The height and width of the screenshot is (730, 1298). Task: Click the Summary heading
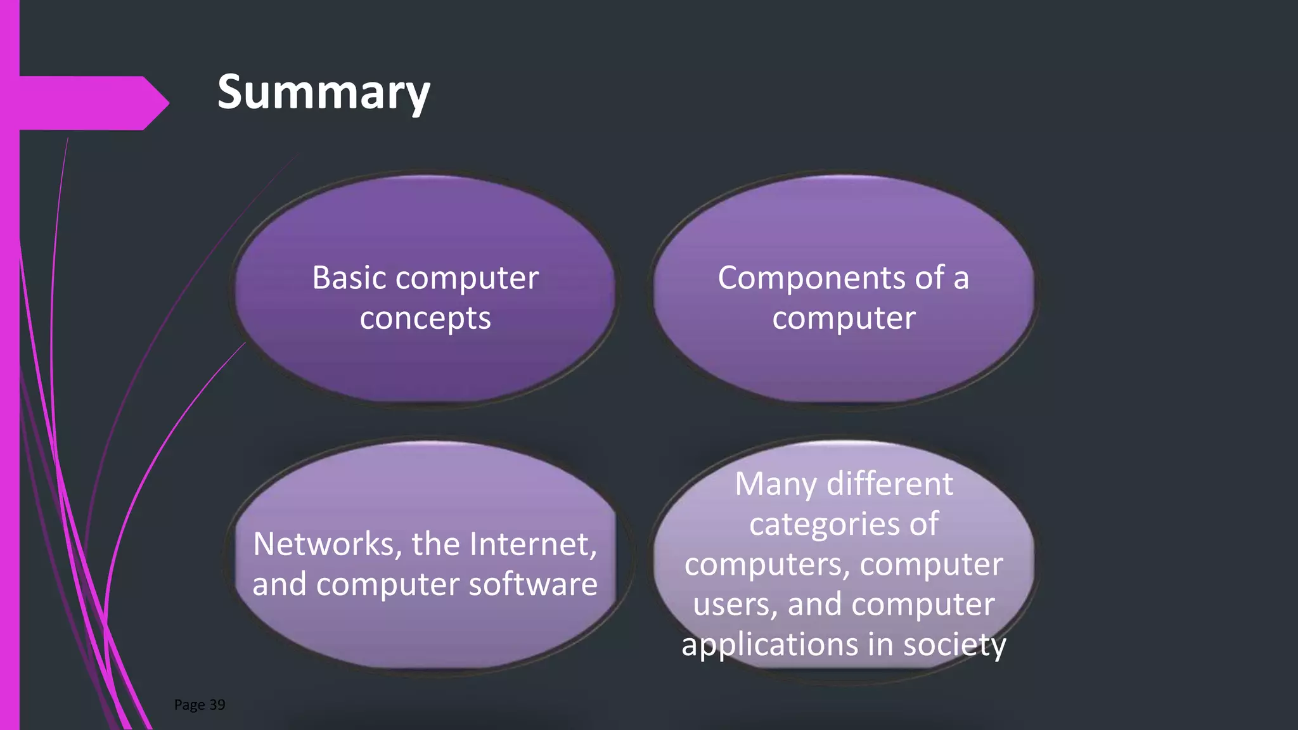pyautogui.click(x=323, y=93)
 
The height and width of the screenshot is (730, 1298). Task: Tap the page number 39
pyautogui.click(x=217, y=705)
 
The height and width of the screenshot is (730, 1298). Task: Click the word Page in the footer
pyautogui.click(x=189, y=705)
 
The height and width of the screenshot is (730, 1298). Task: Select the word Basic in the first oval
pyautogui.click(x=349, y=278)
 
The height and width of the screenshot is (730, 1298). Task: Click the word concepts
pyautogui.click(x=425, y=318)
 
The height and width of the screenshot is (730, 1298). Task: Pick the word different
pyautogui.click(x=890, y=483)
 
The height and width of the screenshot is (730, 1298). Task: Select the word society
pyautogui.click(x=954, y=645)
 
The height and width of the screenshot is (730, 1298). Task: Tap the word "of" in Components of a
pyautogui.click(x=929, y=278)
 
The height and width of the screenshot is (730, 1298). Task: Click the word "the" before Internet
pyautogui.click(x=435, y=544)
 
